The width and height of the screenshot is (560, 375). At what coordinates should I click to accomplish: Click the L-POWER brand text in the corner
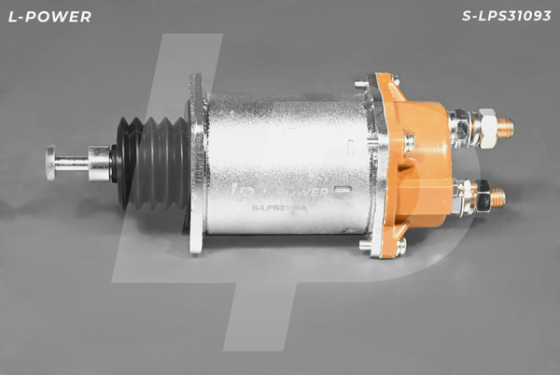[49, 17]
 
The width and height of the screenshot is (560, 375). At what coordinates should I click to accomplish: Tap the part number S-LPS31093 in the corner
[506, 16]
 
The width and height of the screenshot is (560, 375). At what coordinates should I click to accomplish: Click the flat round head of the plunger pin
[50, 163]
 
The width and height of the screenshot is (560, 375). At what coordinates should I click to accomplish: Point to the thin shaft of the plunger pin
[72, 164]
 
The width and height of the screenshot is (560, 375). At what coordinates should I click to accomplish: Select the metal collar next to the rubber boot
[99, 163]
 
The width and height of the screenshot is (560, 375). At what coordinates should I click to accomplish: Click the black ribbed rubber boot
[152, 163]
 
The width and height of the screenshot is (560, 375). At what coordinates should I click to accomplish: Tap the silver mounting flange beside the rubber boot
[198, 163]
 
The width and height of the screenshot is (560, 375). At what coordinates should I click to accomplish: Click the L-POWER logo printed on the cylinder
[278, 192]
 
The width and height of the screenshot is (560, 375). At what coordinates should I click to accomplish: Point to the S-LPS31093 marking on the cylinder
[280, 208]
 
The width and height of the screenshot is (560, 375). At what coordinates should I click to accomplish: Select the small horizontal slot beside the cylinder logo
[343, 190]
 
